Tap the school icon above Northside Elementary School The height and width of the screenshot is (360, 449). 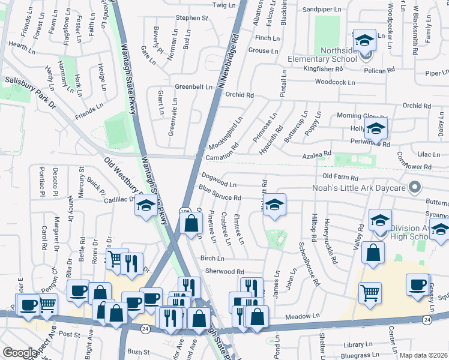click(x=364, y=40)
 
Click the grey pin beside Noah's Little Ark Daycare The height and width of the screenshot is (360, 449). click(x=414, y=188)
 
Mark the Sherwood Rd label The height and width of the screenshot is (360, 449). click(x=224, y=272)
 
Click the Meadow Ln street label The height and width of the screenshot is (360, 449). click(x=302, y=316)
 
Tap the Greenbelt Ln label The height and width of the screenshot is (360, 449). click(x=193, y=87)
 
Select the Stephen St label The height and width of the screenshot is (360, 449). click(x=191, y=18)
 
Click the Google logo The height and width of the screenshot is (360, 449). click(x=20, y=353)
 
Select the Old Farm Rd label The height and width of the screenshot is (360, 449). click(x=340, y=178)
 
